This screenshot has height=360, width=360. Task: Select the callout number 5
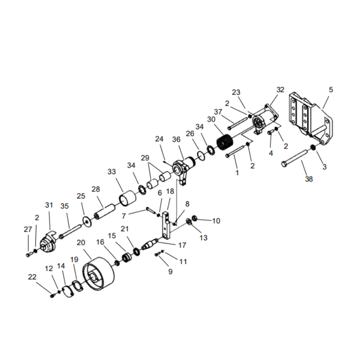coord(331,90)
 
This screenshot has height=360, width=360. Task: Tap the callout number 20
coord(81,243)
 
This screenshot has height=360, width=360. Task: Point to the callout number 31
coord(49,205)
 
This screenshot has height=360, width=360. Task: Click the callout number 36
coord(176,140)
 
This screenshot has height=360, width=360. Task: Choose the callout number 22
coord(32,277)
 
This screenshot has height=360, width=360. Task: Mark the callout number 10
coord(216,221)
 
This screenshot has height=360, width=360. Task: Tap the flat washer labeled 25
coord(84,220)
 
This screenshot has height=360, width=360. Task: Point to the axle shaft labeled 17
coord(150,245)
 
